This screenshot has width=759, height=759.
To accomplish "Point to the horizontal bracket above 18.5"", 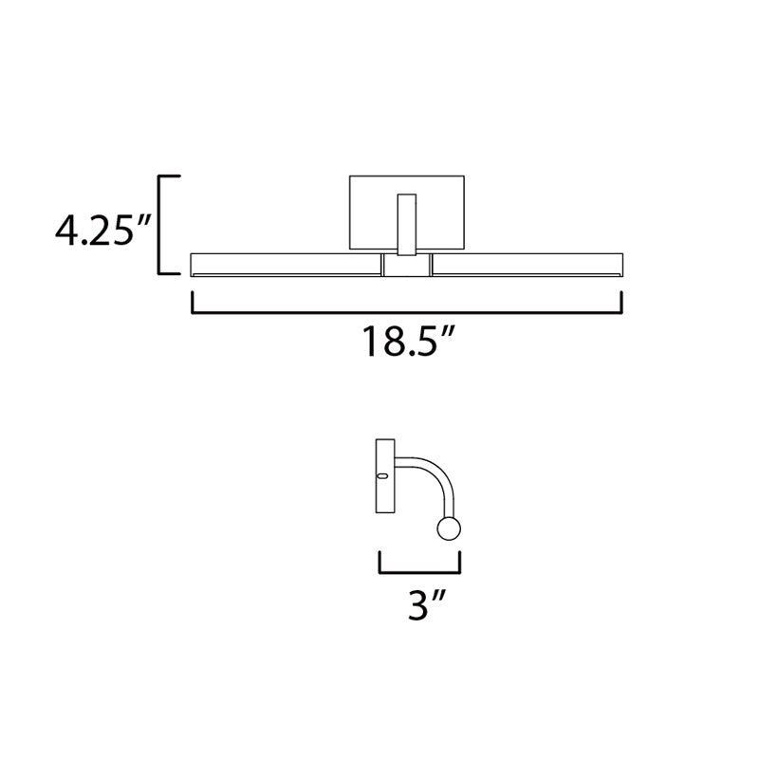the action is [407, 312].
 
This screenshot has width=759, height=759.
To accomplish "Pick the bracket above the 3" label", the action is [419, 573].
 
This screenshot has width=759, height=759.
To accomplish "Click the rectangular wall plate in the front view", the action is [407, 213].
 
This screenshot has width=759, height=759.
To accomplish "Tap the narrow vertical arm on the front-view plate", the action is [407, 224].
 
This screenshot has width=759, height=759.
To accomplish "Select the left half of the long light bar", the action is [287, 265].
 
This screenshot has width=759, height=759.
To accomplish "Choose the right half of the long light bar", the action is [528, 265].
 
